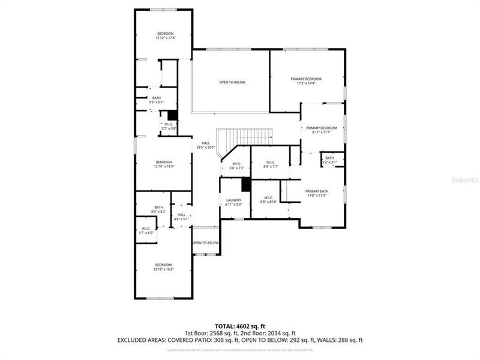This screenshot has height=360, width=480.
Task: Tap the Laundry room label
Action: click(x=234, y=202)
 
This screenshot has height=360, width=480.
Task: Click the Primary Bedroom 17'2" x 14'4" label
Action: click(x=306, y=81)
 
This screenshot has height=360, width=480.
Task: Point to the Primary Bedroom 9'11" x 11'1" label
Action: click(x=322, y=130)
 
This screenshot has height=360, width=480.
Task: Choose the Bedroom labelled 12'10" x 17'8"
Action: click(x=165, y=35)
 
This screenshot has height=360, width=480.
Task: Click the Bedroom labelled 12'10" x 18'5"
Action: click(x=164, y=164)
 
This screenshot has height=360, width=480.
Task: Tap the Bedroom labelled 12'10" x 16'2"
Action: click(x=164, y=267)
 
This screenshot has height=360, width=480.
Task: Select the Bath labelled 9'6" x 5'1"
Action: click(x=156, y=100)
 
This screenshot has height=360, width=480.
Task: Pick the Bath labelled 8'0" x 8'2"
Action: click(x=158, y=209)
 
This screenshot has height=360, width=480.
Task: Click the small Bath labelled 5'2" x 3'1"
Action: click(x=329, y=160)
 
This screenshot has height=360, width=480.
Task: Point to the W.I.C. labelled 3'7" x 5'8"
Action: click(x=169, y=127)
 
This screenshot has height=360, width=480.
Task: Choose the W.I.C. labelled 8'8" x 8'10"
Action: click(x=268, y=200)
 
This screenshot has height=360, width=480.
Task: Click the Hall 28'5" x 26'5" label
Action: click(x=205, y=145)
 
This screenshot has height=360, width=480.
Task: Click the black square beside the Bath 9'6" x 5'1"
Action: click(x=172, y=115)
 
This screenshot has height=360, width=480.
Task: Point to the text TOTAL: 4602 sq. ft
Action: click(x=240, y=326)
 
